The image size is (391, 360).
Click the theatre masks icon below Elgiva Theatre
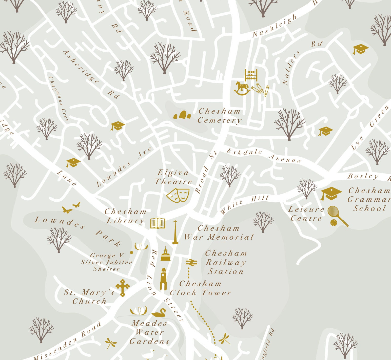(x=178, y=195)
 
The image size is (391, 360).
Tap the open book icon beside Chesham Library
(x=158, y=223)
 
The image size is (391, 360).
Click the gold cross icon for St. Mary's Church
(x=123, y=288)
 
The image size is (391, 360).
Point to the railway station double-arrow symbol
(x=191, y=263)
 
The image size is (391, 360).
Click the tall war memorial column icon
(x=175, y=232)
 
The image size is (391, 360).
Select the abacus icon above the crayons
(x=251, y=75)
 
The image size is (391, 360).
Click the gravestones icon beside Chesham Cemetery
(x=182, y=115)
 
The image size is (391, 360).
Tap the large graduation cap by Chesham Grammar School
(x=331, y=194)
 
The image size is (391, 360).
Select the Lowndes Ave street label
(x=124, y=167)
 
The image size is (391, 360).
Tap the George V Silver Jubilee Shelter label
(x=107, y=262)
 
